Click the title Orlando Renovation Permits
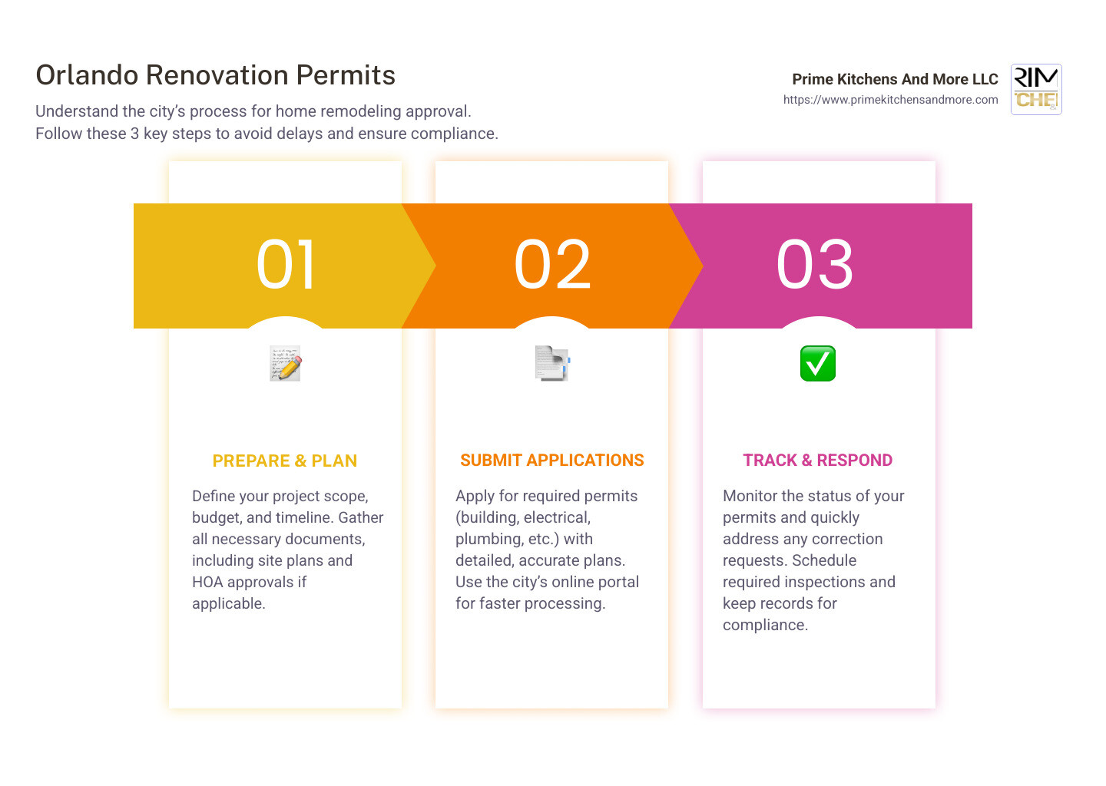(215, 75)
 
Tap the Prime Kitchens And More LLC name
(895, 79)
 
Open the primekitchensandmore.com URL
(890, 100)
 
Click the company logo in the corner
(1036, 89)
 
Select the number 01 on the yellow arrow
(286, 265)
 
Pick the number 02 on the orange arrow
(552, 265)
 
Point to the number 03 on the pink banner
(815, 265)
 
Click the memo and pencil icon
(286, 364)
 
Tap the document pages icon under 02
(552, 363)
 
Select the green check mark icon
(818, 364)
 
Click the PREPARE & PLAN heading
(285, 461)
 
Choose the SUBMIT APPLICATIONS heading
(551, 461)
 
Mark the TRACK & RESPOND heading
(817, 461)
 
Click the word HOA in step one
(207, 582)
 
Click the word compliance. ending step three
(765, 625)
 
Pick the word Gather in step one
(360, 517)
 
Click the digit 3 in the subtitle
(134, 134)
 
